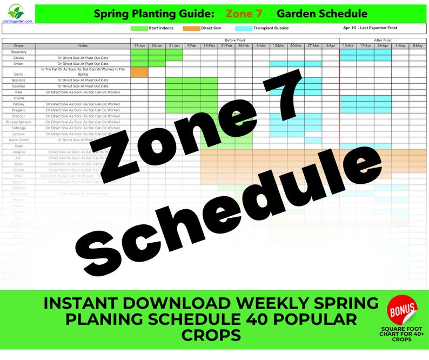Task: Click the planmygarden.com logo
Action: coord(18,13)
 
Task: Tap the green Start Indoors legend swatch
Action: coord(142,28)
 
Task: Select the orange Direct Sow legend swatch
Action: coord(191,28)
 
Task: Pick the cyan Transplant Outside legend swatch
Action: coord(244,28)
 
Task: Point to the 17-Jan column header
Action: coord(139,46)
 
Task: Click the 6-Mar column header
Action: coord(261,46)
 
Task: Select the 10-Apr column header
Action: coord(348,46)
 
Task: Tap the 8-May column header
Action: coord(418,46)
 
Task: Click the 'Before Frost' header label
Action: coord(234,41)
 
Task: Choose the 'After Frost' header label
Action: coord(383,41)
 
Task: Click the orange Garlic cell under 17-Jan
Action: coord(139,72)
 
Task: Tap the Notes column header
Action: coord(83,46)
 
